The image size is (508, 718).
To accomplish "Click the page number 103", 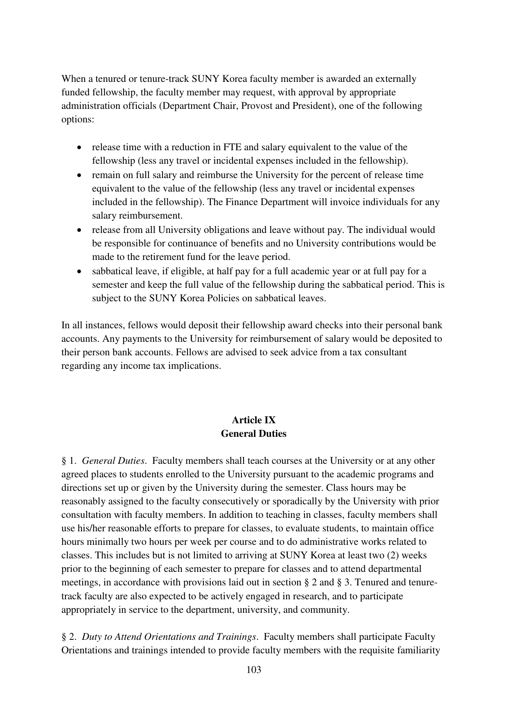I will (254, 670).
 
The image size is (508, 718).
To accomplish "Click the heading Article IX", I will (254, 420).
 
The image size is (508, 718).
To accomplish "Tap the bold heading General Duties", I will (254, 434).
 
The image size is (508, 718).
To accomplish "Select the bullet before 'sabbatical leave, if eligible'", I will (79, 271).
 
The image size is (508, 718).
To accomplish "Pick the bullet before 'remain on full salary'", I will (79, 175).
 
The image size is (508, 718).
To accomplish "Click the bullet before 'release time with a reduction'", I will (79, 147).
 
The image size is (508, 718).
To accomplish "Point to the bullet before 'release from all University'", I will (79, 230).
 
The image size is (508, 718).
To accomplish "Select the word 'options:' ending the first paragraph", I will (78, 119).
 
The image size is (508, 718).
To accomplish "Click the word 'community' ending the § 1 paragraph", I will (324, 610).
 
